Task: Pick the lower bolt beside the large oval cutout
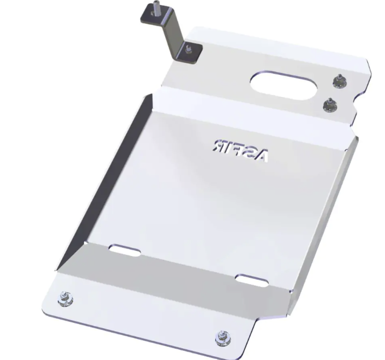pos(329,105)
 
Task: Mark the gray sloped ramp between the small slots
pos(183,274)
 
